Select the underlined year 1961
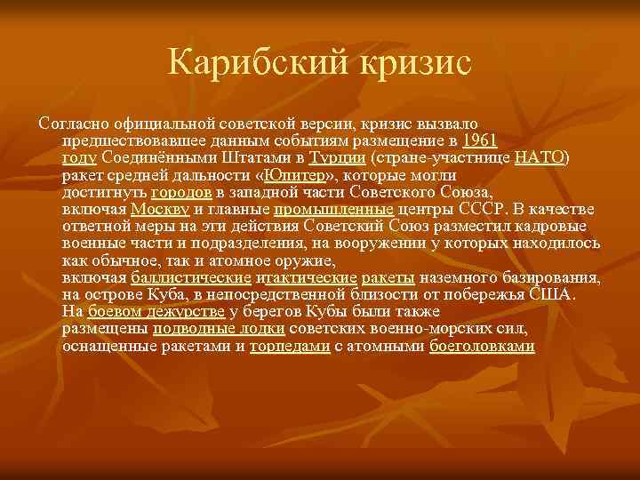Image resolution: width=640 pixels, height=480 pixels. pyautogui.click(x=481, y=140)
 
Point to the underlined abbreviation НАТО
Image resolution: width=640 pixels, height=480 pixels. pyautogui.click(x=540, y=157)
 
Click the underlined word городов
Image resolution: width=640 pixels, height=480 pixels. pyautogui.click(x=180, y=192)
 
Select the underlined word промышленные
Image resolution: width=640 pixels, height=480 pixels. pyautogui.click(x=334, y=209)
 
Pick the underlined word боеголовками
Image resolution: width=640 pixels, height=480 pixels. pyautogui.click(x=482, y=347)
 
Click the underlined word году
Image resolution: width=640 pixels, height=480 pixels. pyautogui.click(x=80, y=157)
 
